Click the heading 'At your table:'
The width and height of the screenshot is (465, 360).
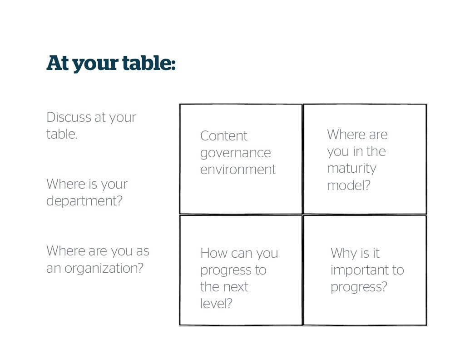pos(111,64)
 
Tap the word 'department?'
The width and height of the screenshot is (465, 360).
pos(84,201)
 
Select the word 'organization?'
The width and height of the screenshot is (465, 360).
pos(104,268)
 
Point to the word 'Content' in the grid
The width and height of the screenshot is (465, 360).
pos(223,136)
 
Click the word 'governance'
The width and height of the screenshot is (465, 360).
pos(235,153)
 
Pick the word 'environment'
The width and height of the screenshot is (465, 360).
pos(238,170)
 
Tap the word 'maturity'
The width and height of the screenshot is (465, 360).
pos(351,168)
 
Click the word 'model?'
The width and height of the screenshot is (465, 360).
pos(348,185)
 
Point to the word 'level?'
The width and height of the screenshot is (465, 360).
pos(216,304)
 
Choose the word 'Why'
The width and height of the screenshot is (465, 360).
pos(343,253)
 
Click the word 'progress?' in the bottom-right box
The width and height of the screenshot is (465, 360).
pos(359,287)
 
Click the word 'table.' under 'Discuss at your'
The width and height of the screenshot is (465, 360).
pos(62,134)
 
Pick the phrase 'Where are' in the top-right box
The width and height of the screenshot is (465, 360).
pos(357,135)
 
